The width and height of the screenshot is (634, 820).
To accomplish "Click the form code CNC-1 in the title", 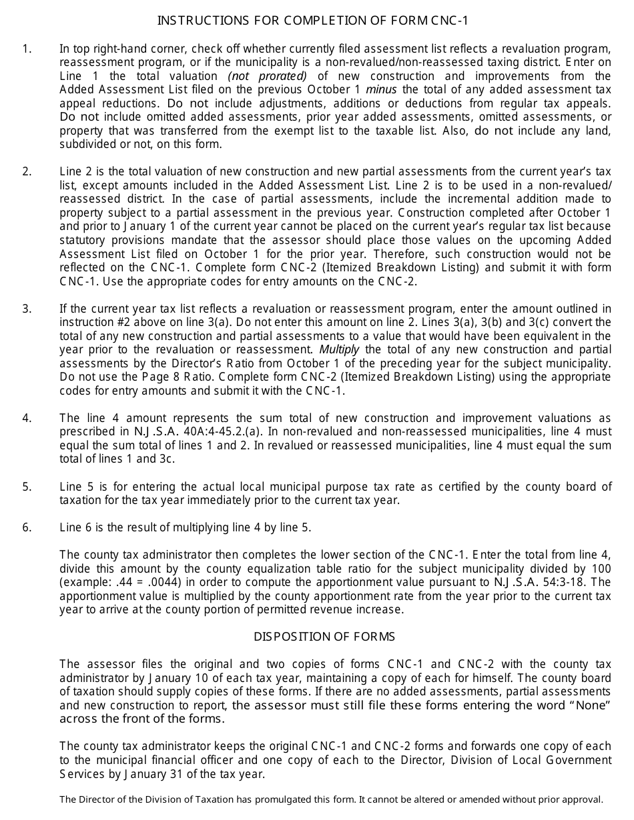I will pos(450,21).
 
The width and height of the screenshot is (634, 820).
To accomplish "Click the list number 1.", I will pos(26,49).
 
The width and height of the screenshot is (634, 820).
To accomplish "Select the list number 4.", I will pos(26,418).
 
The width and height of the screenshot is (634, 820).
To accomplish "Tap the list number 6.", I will pos(26,527).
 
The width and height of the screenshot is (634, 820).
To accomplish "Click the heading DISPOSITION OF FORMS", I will pos(324,637).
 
